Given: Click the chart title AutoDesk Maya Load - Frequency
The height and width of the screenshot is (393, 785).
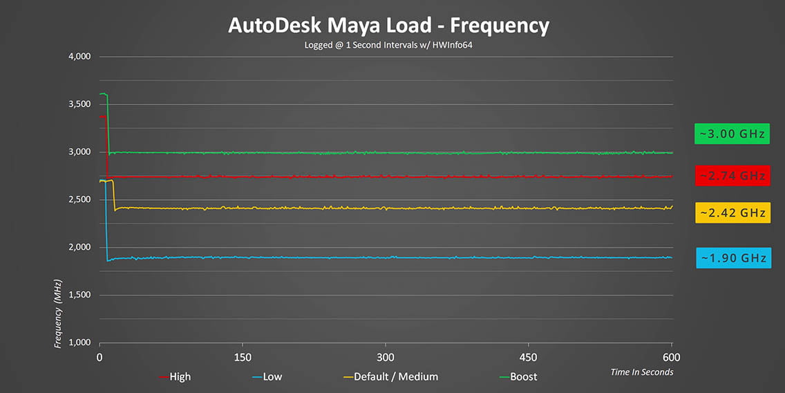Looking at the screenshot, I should tap(388, 26).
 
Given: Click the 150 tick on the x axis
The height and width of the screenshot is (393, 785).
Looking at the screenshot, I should tap(243, 358).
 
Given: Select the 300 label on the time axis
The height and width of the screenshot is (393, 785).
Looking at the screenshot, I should tap(386, 358).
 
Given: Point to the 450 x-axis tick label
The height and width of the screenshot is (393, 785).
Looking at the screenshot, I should tap(529, 358).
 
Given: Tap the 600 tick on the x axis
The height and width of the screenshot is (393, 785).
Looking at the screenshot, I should tap(672, 358).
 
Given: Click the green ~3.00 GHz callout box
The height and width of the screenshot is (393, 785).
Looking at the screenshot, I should tap(732, 134).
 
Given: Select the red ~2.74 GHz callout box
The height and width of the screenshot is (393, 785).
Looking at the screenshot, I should tap(732, 176).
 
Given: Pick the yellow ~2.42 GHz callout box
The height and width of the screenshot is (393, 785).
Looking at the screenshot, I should tap(732, 213).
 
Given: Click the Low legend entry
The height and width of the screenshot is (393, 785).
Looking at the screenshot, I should tap(267, 377).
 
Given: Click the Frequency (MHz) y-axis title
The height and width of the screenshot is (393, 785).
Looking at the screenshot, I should tap(59, 313).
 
